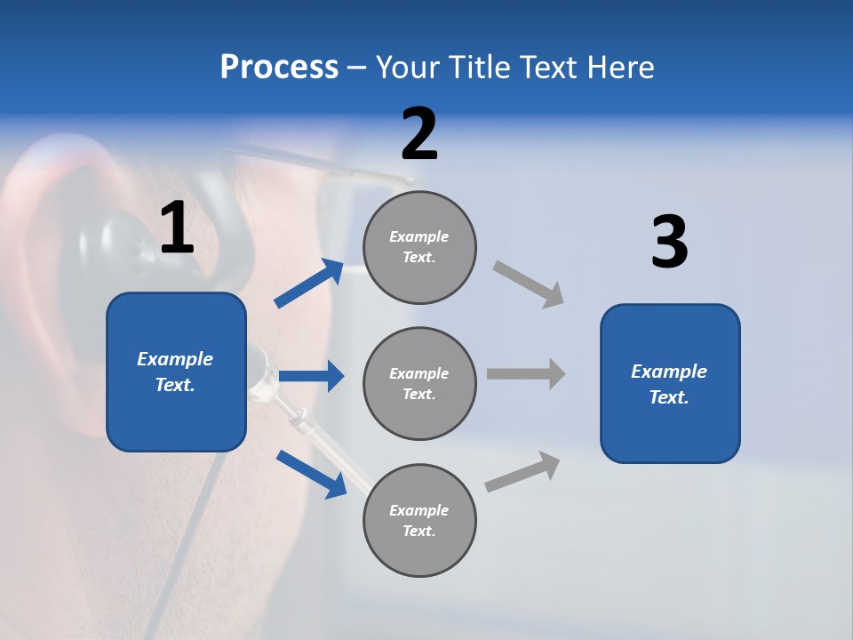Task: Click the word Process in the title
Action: (x=279, y=68)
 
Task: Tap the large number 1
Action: (x=177, y=228)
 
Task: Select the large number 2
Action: (x=419, y=134)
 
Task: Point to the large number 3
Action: (x=669, y=243)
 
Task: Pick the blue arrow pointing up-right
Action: (x=309, y=284)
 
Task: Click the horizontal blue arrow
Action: (x=312, y=376)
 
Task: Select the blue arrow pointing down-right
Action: (x=311, y=473)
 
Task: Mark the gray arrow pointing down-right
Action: (x=529, y=284)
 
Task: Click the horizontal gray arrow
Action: (x=526, y=373)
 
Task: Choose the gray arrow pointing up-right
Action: (x=523, y=472)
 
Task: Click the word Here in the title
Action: (x=618, y=68)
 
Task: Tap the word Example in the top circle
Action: (x=419, y=236)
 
